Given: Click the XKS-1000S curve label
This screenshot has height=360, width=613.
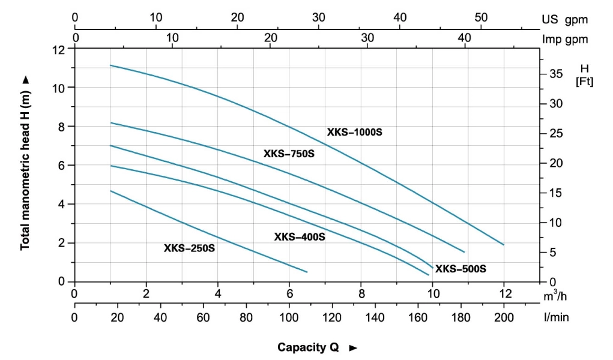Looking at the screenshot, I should (354, 132).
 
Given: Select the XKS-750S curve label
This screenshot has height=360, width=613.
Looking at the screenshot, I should (289, 154).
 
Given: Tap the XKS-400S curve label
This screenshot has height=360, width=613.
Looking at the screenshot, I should (300, 237).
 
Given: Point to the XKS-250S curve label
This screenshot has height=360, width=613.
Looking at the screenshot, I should (189, 248).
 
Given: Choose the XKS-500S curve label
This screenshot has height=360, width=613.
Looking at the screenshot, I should (461, 269).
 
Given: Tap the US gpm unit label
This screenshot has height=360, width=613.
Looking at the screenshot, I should (564, 19).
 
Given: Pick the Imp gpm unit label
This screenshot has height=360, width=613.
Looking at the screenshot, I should (564, 39).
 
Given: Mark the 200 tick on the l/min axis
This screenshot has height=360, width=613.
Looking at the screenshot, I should (504, 317).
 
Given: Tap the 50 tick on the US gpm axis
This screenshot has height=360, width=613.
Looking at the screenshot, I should (481, 17).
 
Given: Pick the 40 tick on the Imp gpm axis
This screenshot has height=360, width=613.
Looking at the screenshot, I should (465, 38).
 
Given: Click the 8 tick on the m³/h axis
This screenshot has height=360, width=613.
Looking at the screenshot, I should (361, 294).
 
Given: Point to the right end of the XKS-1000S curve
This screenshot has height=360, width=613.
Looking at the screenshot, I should (503, 245).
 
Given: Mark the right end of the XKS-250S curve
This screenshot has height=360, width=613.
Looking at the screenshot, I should (307, 272).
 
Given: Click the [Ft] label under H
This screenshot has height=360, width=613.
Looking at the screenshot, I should (584, 82).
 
